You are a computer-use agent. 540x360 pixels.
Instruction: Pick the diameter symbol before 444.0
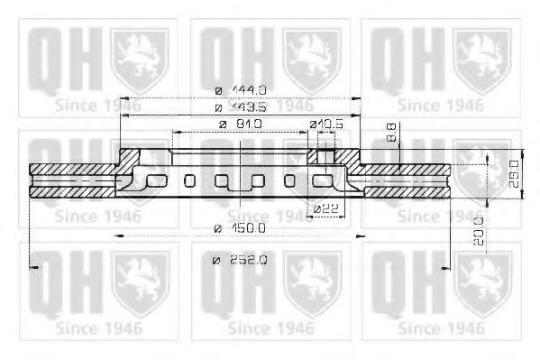tap(219, 89)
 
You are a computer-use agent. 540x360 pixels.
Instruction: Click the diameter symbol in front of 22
tap(316, 209)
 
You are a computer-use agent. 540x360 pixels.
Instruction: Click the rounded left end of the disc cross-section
tap(33, 179)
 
